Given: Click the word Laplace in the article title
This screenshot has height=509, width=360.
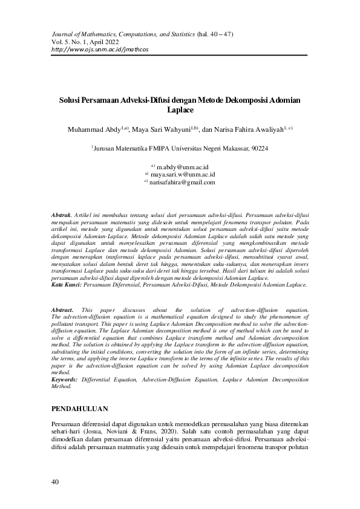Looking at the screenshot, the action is (180, 112).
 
